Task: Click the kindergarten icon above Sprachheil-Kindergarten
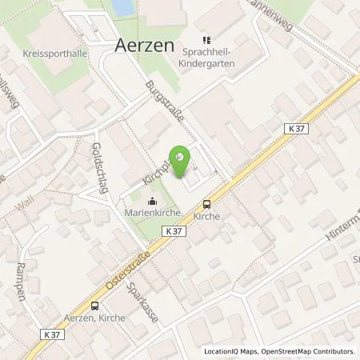[204, 37]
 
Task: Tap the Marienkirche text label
[153, 214]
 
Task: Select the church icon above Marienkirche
[153, 202]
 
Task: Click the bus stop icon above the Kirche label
[206, 204]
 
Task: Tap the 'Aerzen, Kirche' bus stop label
[94, 317]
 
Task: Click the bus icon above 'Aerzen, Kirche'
[95, 305]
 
